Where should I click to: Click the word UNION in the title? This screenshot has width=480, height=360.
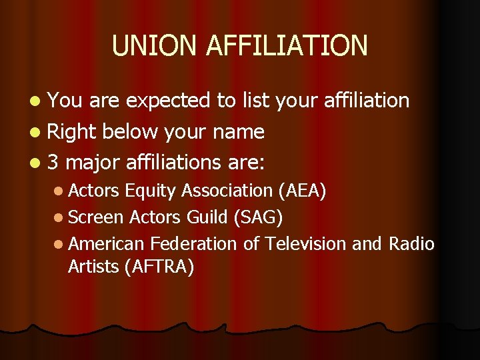point(155,45)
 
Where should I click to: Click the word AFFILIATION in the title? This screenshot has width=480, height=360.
point(287,45)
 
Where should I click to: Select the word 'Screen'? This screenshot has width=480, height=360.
point(96,217)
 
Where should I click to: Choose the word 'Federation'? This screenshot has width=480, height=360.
point(193,244)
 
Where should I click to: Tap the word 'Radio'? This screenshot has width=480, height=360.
point(411,244)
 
